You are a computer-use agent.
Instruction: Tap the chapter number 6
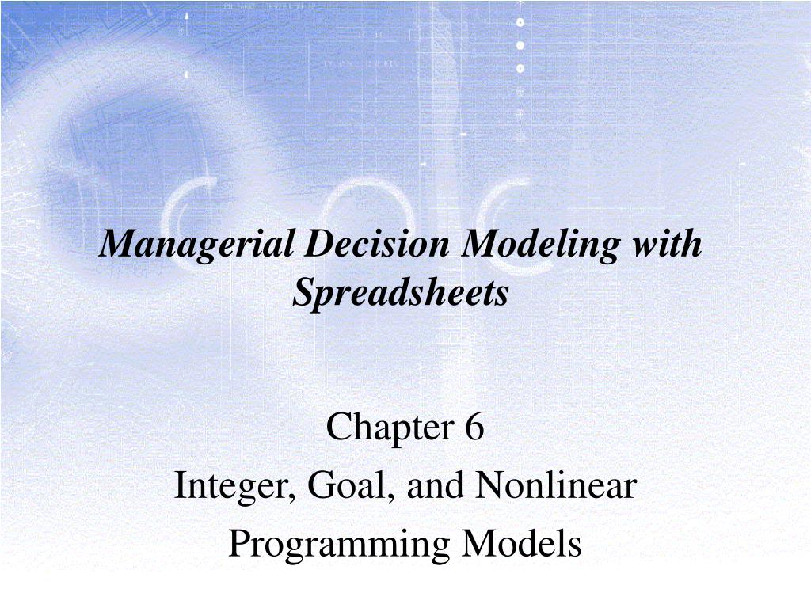point(474,428)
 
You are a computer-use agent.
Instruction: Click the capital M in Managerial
point(116,244)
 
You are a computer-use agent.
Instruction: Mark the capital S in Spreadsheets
point(304,293)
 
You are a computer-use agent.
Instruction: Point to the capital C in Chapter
point(337,429)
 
